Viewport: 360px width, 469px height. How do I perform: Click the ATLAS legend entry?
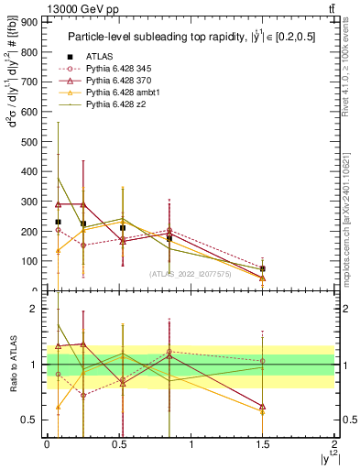point(102,57)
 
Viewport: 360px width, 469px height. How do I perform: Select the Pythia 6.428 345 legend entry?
point(120,69)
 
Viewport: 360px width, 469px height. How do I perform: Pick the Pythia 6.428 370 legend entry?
point(120,81)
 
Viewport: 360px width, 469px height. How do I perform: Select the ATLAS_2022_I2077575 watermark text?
point(189,274)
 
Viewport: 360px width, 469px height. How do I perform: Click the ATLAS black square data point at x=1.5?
point(263,268)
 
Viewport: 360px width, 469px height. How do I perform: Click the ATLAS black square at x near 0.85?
point(169,238)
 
